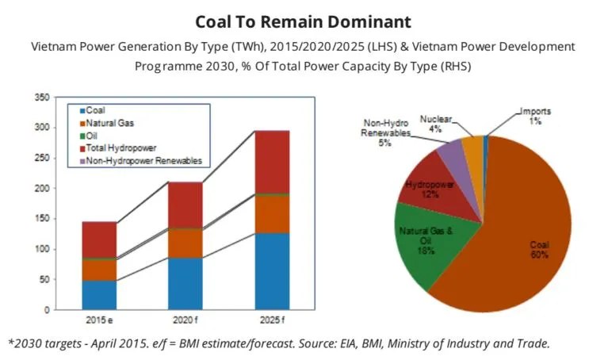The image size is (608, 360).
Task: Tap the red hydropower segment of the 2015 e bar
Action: (100, 239)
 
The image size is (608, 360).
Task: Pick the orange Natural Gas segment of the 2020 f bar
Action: (185, 243)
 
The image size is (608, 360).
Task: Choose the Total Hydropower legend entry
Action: (119, 148)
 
